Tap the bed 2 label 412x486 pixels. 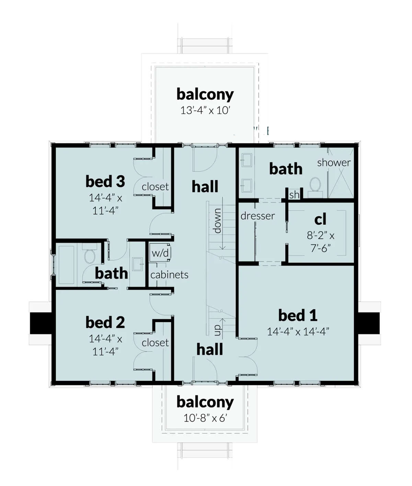(105, 322)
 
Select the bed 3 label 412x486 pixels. (105, 181)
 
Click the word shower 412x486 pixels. (334, 162)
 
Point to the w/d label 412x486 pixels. (160, 253)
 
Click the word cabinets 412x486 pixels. (169, 275)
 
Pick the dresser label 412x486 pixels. (257, 216)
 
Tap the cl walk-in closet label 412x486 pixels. (320, 220)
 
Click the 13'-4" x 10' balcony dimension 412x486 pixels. (205, 110)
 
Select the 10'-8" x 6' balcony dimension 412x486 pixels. (205, 418)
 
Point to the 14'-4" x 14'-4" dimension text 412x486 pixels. (298, 331)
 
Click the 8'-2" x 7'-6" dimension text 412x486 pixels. (320, 241)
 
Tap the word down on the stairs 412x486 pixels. (217, 221)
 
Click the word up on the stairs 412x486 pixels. (217, 330)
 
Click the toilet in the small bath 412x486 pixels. (90, 256)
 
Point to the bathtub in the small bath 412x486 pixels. (66, 264)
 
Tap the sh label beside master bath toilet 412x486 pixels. (294, 195)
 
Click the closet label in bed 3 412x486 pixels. (155, 187)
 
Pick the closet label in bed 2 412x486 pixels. (155, 343)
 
